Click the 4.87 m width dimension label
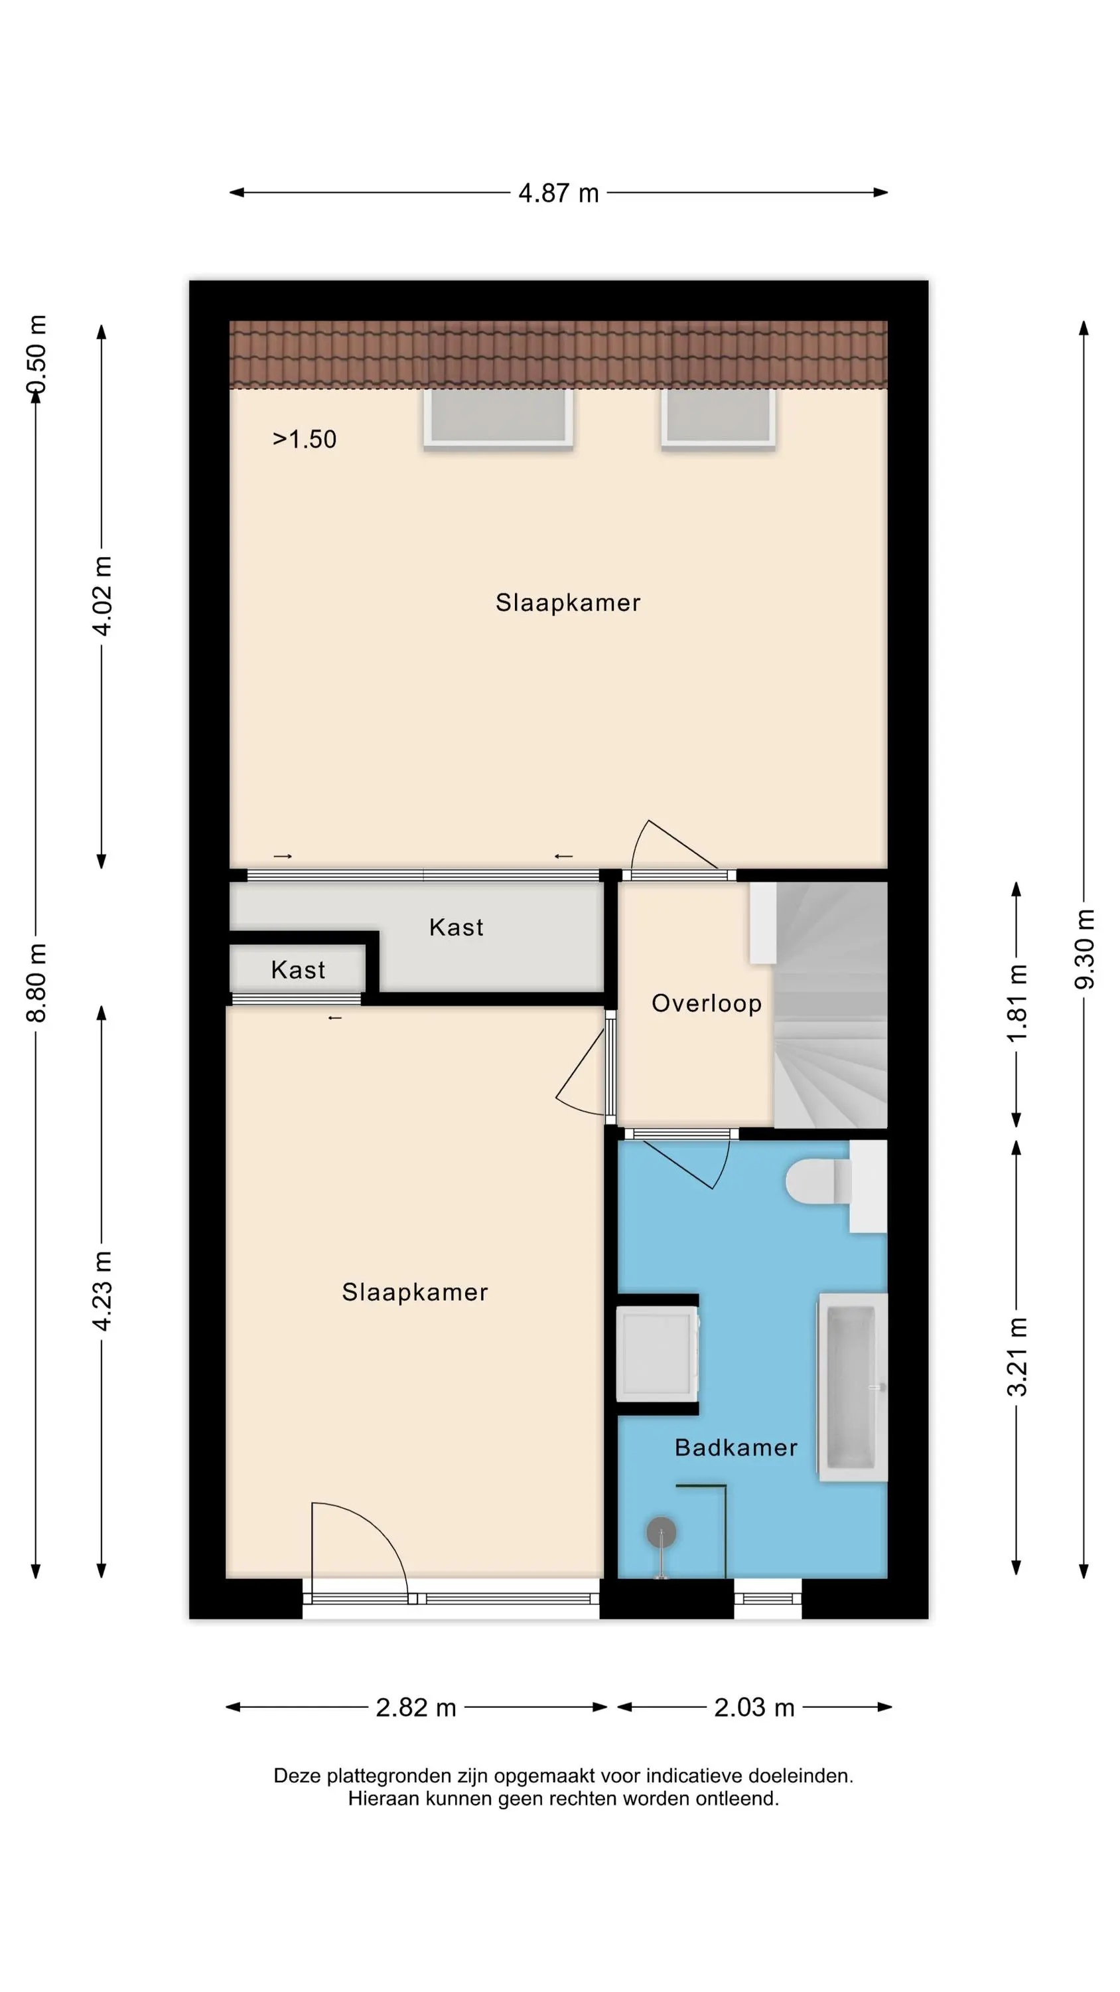[558, 193]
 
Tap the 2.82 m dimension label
[416, 1706]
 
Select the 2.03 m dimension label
[754, 1706]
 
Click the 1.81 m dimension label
[1017, 1003]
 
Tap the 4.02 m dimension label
[102, 595]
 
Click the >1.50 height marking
[305, 439]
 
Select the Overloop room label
[707, 1004]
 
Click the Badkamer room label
[736, 1448]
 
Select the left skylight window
[498, 418]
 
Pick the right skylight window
[718, 418]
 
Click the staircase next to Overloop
[831, 1005]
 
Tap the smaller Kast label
[298, 969]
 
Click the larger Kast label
[456, 927]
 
